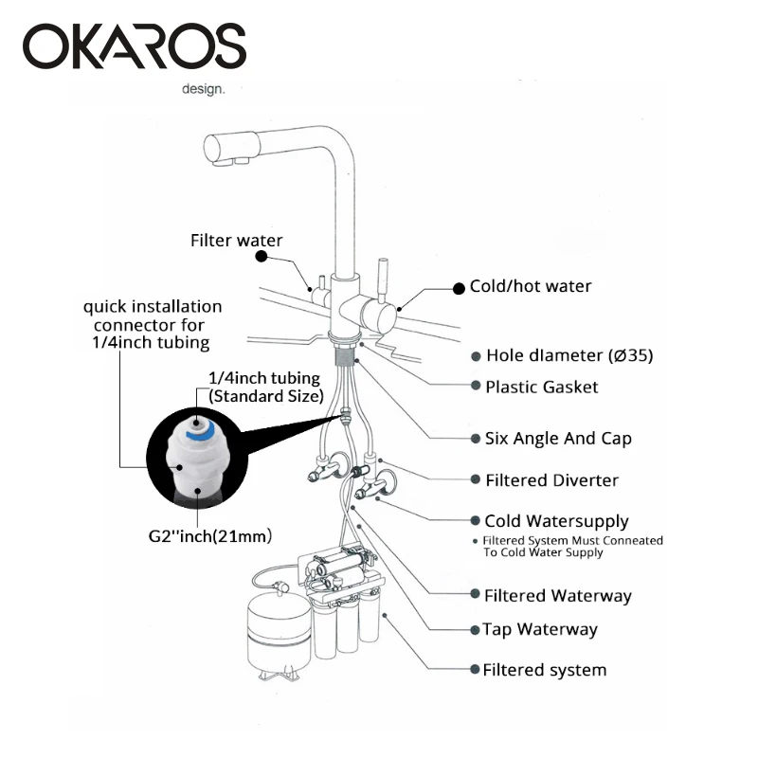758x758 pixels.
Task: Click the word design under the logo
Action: click(204, 91)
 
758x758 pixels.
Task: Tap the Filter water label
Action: click(236, 241)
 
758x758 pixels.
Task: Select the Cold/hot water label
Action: click(530, 286)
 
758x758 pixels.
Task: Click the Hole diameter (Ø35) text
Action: click(568, 356)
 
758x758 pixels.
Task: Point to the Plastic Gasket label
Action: click(541, 387)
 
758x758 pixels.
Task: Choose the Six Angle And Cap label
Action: click(558, 439)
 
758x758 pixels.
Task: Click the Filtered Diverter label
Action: click(551, 480)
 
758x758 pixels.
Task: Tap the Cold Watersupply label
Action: click(556, 521)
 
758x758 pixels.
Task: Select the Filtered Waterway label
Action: click(557, 596)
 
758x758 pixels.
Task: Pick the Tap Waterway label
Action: click(539, 629)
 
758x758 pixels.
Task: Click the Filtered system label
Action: click(544, 670)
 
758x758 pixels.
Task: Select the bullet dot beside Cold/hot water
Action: click(460, 286)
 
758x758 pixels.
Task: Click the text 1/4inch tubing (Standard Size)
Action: click(265, 386)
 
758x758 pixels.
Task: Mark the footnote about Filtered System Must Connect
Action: click(573, 547)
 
